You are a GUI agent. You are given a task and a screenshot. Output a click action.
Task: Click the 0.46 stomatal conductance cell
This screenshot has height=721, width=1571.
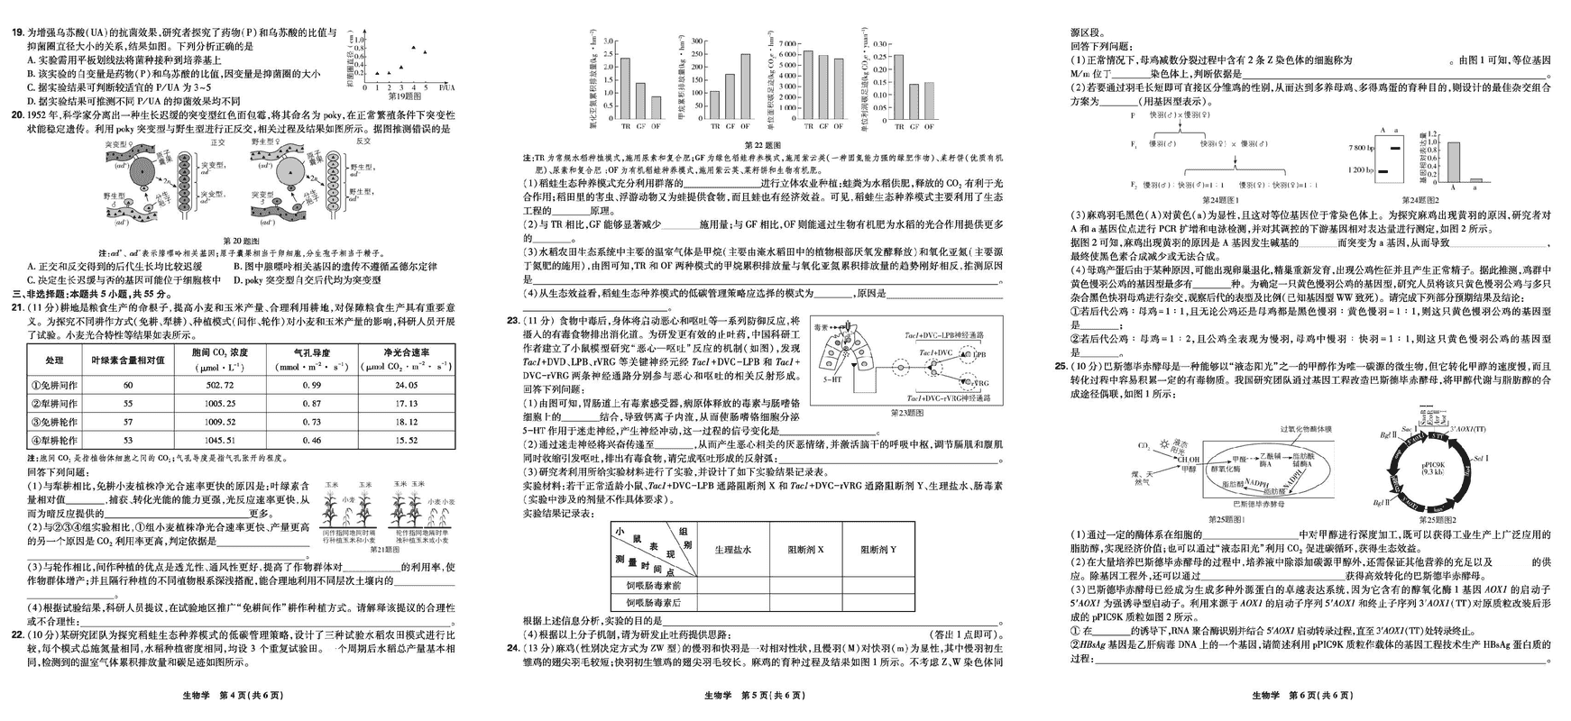point(311,440)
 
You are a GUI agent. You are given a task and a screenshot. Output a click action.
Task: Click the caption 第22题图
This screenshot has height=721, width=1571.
point(762,144)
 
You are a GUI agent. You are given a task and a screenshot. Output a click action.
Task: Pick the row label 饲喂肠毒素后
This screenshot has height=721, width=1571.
point(654,603)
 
